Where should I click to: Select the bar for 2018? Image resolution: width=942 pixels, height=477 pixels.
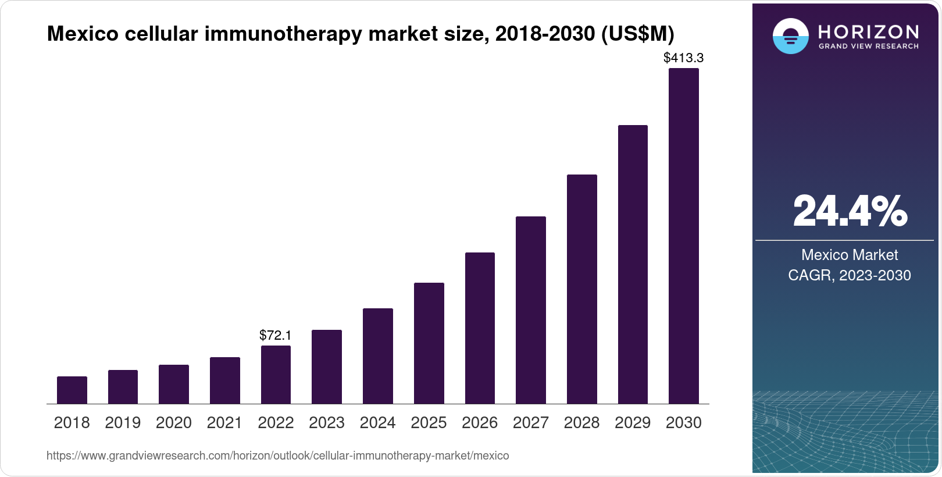coord(72,390)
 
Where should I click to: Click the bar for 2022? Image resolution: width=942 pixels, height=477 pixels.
coord(276,375)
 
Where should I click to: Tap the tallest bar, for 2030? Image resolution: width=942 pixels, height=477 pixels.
coord(684,236)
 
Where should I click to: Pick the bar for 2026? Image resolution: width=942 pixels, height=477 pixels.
coord(480,328)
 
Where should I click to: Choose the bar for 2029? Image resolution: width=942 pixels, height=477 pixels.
coord(633,264)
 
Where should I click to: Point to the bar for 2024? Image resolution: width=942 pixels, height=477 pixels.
coord(378,356)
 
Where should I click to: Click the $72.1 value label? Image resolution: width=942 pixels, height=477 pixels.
coord(276,336)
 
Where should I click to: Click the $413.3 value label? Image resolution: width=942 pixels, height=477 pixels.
coord(684,58)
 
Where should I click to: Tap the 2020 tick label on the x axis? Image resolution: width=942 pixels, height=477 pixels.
coord(174,423)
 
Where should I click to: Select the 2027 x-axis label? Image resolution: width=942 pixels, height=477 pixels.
coord(531,423)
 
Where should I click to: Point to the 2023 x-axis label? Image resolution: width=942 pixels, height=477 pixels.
coord(327,423)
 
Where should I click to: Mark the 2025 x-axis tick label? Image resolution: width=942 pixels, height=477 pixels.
coord(429,423)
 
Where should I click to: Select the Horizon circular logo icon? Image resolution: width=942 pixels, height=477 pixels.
coord(791,37)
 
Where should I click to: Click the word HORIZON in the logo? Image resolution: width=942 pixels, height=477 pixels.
coord(869,31)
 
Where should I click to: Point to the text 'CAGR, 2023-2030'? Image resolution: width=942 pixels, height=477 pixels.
coord(850,275)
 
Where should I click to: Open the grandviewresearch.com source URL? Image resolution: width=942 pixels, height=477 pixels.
coord(277,456)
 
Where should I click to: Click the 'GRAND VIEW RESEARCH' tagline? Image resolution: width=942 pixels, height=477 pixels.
coord(869,46)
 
